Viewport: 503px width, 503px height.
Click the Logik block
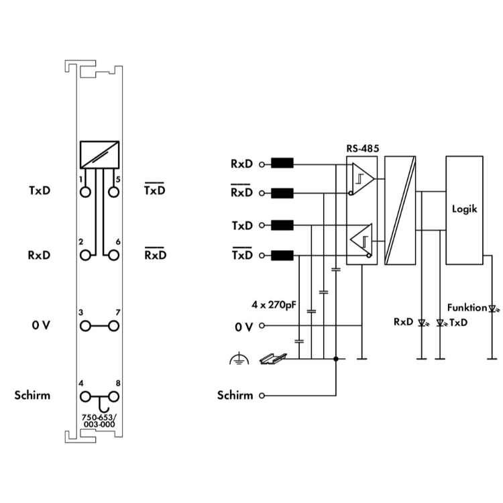pos(464,209)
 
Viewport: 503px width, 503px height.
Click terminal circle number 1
pos(85,192)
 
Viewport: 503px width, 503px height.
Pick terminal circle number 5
pos(113,192)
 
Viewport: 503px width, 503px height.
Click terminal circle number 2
pos(85,255)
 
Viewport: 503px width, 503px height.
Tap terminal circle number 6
pos(113,255)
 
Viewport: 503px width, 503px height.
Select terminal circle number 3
pos(85,326)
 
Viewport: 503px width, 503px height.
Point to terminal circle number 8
pos(113,396)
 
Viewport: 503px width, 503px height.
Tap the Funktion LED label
pos(467,308)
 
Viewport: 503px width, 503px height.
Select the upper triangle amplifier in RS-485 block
pos(362,179)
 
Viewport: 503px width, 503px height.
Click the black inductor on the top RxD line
pos(281,164)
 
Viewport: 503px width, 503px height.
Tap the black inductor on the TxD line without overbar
pos(281,225)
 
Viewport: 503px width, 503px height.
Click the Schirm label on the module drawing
pos(32,395)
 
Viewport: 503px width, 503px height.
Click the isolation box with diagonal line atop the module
pos(99,155)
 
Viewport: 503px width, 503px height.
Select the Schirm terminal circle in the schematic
pos(262,396)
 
